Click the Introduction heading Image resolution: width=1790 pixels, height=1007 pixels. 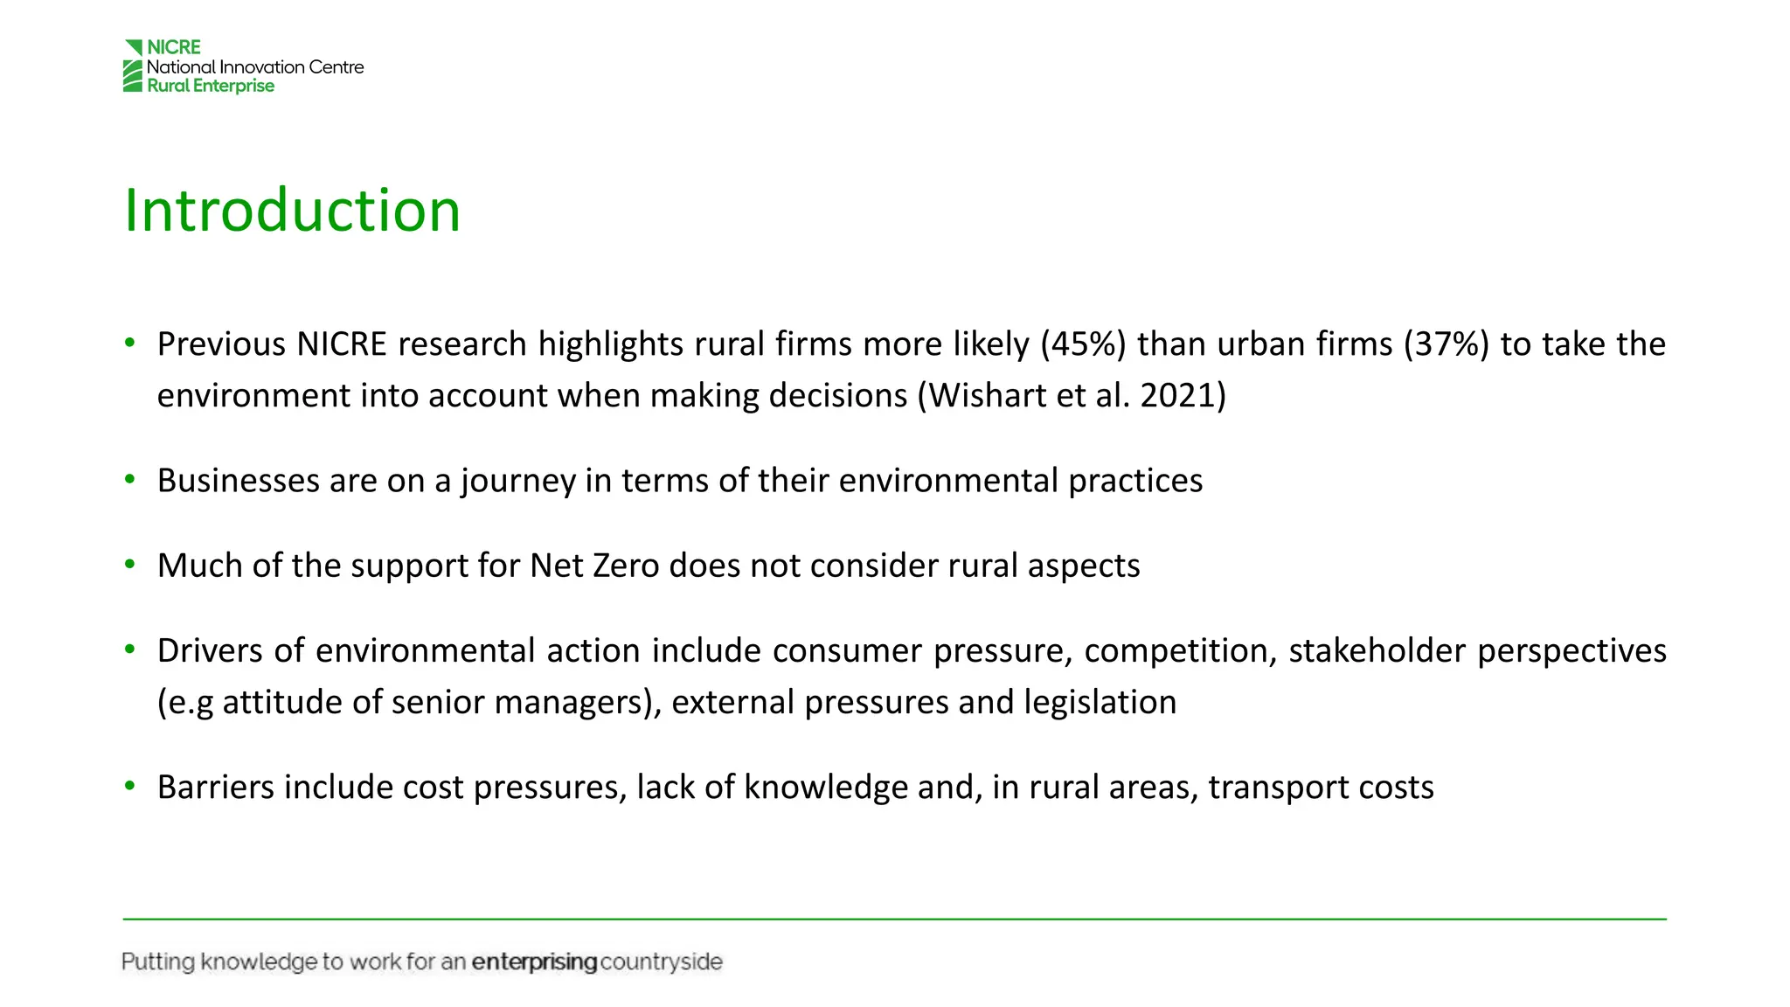coord(292,211)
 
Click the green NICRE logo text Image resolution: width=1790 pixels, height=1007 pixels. coord(174,47)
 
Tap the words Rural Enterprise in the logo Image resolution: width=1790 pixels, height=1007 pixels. coord(211,86)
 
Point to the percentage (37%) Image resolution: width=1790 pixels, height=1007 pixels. coord(1446,344)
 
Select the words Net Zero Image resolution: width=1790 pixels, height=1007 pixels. coord(594,566)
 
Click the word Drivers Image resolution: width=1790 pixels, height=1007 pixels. coord(210,651)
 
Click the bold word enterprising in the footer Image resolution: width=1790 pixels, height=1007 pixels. coord(534,962)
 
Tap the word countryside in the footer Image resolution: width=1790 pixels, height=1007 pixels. coord(662,962)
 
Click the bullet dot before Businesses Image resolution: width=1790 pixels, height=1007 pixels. coord(130,480)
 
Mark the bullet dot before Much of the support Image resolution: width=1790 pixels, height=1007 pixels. coord(130,565)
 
